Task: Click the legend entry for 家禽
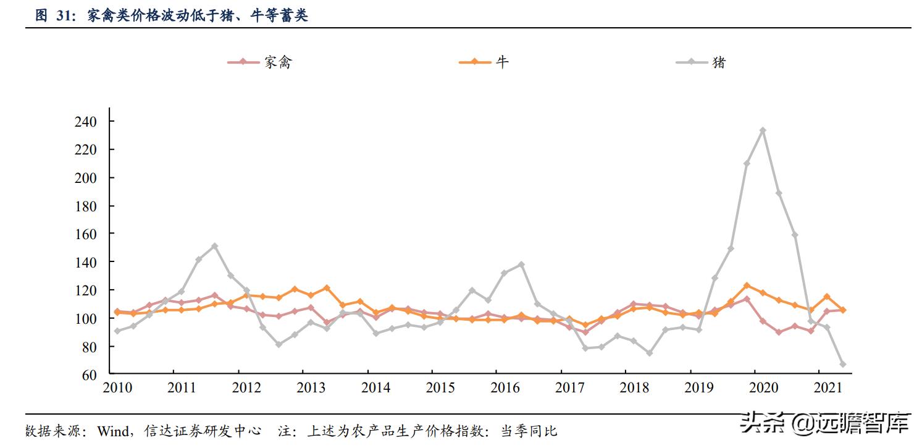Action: pyautogui.click(x=259, y=62)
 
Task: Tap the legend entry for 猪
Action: pyautogui.click(x=701, y=62)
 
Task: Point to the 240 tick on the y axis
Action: pyautogui.click(x=86, y=122)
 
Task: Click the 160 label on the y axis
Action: pyautogui.click(x=86, y=234)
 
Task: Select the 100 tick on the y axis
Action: pyautogui.click(x=86, y=318)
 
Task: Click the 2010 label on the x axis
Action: pyautogui.click(x=117, y=387)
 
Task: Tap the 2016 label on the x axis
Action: pyautogui.click(x=505, y=387)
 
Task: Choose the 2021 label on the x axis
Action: pyautogui.click(x=828, y=387)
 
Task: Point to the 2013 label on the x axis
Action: pyautogui.click(x=311, y=387)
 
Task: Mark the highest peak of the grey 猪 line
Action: pyautogui.click(x=763, y=130)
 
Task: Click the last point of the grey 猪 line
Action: pyautogui.click(x=843, y=364)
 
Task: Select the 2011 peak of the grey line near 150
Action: pyautogui.click(x=214, y=246)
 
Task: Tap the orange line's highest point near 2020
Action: pyautogui.click(x=747, y=285)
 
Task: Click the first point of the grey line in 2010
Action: pyautogui.click(x=117, y=331)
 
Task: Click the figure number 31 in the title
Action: pyautogui.click(x=65, y=17)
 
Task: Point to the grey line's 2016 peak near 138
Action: pyautogui.click(x=521, y=264)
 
